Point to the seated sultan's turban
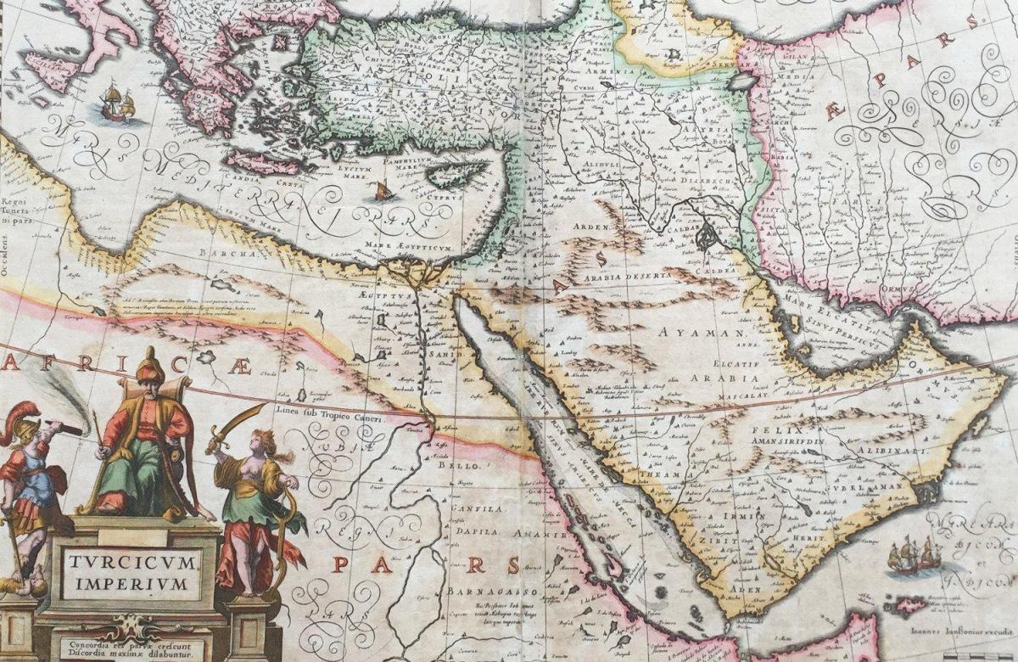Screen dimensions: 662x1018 (148, 367)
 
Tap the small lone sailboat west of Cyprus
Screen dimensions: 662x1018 (383, 191)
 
